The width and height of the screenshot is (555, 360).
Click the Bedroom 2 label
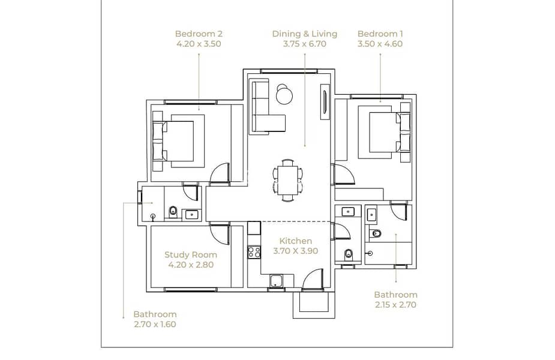point(199,34)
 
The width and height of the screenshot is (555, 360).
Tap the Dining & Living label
point(304,34)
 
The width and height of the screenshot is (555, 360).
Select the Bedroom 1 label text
point(380,34)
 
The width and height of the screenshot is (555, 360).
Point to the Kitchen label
point(296,241)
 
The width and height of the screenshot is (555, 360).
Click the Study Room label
point(191,255)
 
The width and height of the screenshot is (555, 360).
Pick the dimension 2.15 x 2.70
point(395,305)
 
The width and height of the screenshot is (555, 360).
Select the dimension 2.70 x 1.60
point(155,324)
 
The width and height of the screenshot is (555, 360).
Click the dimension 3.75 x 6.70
point(304,44)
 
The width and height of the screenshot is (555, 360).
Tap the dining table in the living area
point(288,181)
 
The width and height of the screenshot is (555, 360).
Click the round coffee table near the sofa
point(284,94)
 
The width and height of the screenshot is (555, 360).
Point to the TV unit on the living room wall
point(325,102)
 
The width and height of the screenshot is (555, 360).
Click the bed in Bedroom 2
point(178,141)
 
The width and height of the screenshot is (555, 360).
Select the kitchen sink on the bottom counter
point(276,281)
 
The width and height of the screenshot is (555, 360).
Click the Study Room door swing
point(220,233)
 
